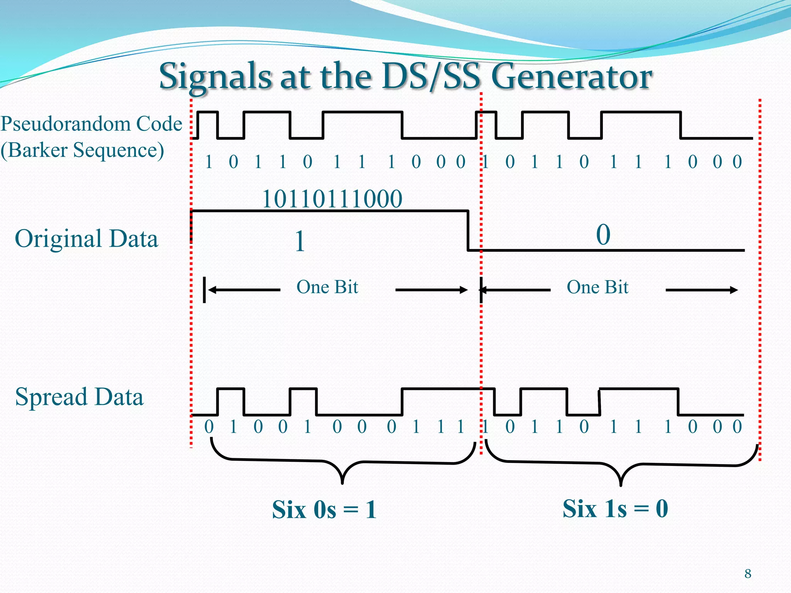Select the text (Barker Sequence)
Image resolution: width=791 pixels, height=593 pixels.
point(82,150)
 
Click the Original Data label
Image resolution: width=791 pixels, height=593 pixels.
point(86,239)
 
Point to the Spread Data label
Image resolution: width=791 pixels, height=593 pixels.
point(79,397)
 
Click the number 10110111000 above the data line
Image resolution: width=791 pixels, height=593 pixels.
point(332,199)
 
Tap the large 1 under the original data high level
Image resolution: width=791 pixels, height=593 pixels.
point(300,242)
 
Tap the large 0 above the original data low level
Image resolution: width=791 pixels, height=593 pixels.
point(603,235)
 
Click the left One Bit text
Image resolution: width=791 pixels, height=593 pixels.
point(327,287)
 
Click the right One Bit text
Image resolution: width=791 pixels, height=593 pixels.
point(597,287)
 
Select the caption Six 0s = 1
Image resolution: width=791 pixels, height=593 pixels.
point(324,510)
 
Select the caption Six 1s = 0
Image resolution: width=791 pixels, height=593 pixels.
point(615,509)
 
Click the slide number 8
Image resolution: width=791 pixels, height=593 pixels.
point(748,574)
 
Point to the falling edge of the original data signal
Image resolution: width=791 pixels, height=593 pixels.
point(468,230)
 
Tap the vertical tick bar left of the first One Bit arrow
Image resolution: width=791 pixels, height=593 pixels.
point(204,290)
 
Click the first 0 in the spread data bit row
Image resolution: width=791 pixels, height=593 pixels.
point(209,427)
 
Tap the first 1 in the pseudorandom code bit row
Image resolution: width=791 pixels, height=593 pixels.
point(209,162)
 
